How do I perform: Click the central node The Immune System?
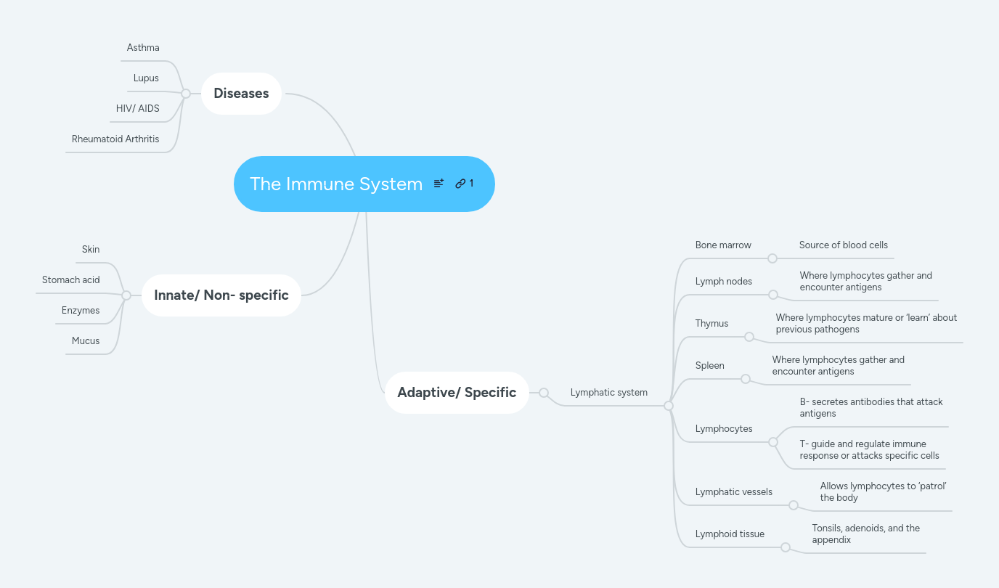(x=336, y=184)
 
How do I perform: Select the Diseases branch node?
(x=241, y=93)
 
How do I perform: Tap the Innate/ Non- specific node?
(x=221, y=295)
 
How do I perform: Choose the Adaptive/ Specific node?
(x=457, y=392)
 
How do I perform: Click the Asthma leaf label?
(x=143, y=48)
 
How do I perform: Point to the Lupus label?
(x=146, y=78)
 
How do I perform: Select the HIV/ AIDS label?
(x=137, y=109)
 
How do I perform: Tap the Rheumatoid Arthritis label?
(x=115, y=139)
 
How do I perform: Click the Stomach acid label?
(x=71, y=280)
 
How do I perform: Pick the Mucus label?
(x=86, y=341)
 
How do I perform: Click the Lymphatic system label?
(x=608, y=393)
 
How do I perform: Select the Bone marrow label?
(x=723, y=245)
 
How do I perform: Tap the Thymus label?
(x=711, y=324)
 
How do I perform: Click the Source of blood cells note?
(x=843, y=245)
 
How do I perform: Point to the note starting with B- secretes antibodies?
(x=871, y=408)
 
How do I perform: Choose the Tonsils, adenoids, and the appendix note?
(x=865, y=534)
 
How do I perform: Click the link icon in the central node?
(x=460, y=184)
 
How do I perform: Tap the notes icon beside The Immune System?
(x=439, y=184)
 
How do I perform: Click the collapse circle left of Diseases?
(x=186, y=94)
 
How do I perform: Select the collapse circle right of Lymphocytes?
(x=773, y=442)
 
